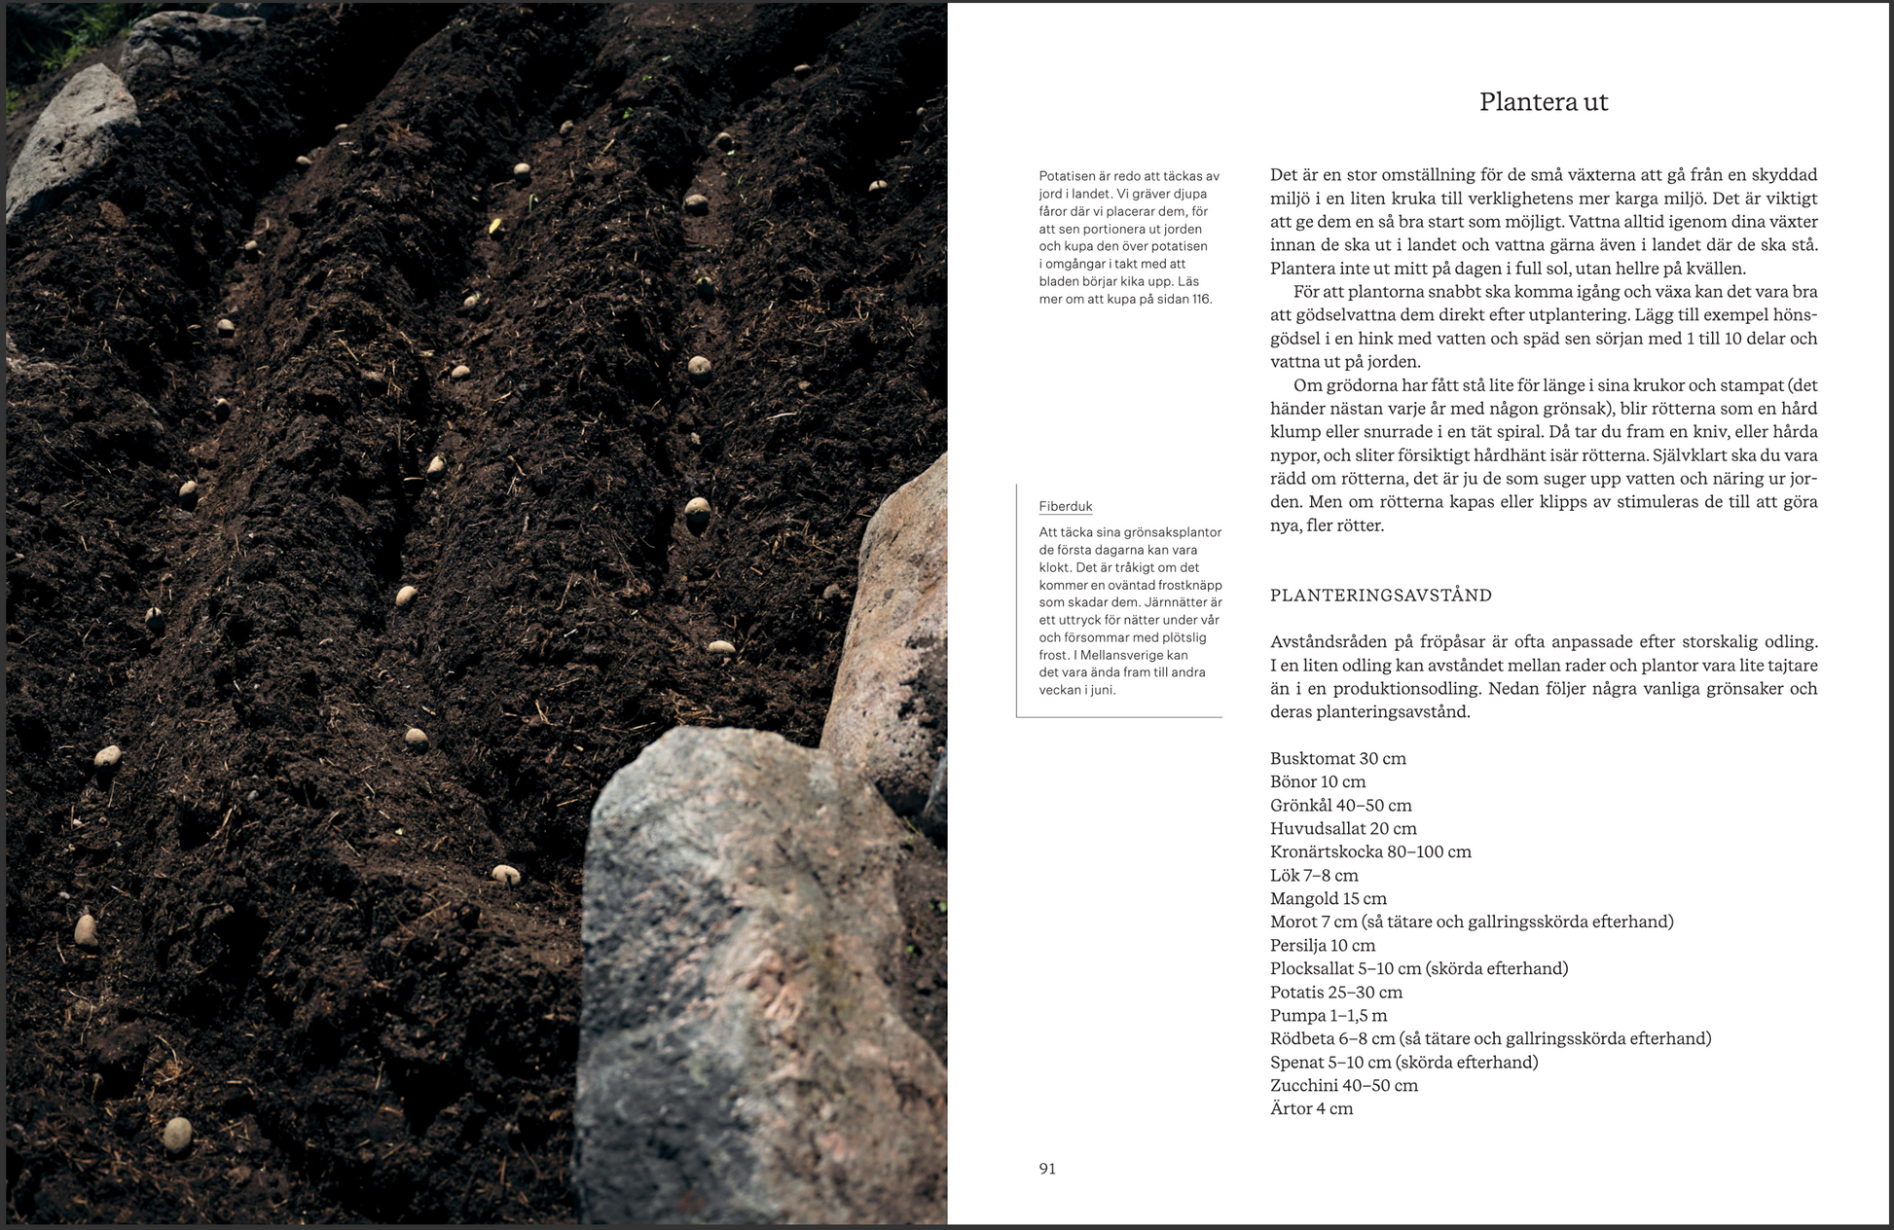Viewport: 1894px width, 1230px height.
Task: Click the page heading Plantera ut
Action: [x=1543, y=102]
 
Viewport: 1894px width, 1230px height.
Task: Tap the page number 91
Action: [x=1047, y=1169]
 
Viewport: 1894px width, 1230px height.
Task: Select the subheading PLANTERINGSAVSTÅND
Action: [x=1380, y=596]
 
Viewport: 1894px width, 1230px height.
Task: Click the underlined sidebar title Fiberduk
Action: [x=1066, y=506]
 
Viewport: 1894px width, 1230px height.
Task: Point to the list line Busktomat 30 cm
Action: [x=1337, y=758]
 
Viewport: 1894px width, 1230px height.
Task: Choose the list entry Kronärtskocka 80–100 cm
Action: [x=1369, y=851]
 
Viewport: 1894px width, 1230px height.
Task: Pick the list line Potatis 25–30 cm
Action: [x=1335, y=993]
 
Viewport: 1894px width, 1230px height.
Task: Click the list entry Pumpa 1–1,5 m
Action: [x=1329, y=1016]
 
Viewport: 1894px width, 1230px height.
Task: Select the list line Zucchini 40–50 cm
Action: [x=1343, y=1086]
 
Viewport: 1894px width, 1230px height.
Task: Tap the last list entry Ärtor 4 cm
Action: [x=1311, y=1109]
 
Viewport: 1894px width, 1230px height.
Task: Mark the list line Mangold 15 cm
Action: [x=1328, y=899]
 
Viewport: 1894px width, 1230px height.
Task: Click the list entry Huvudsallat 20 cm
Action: [x=1342, y=829]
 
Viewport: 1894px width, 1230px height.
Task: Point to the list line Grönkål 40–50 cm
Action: [x=1340, y=806]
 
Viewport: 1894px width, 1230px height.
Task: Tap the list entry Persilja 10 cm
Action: [x=1322, y=946]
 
